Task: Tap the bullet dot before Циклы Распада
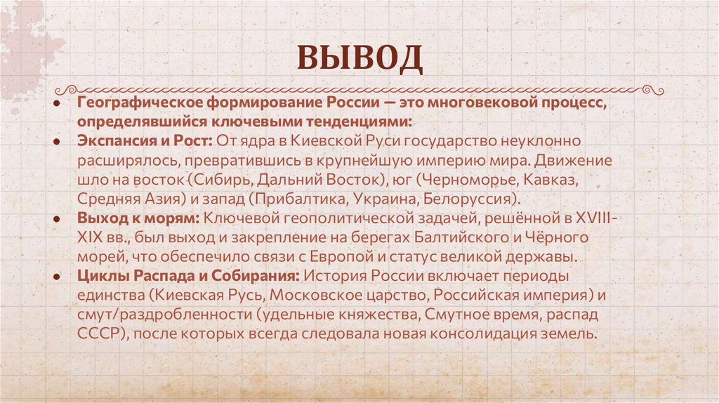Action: (x=55, y=275)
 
